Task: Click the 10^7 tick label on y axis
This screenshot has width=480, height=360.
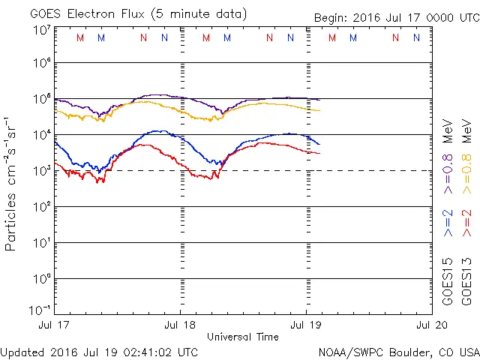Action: point(41,30)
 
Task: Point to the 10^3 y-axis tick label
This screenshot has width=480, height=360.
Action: point(41,171)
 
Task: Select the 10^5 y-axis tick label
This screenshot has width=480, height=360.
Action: point(41,100)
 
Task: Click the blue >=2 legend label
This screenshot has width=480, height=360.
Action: point(448,223)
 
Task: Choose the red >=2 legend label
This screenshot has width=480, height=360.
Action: point(466,223)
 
